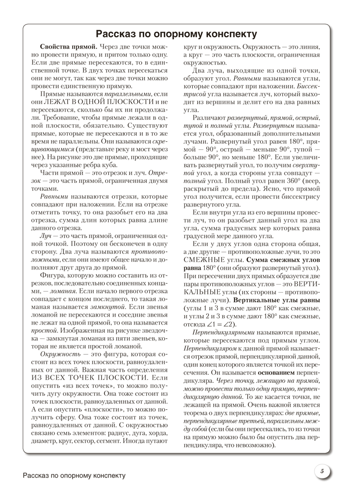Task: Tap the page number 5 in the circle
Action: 322,470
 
